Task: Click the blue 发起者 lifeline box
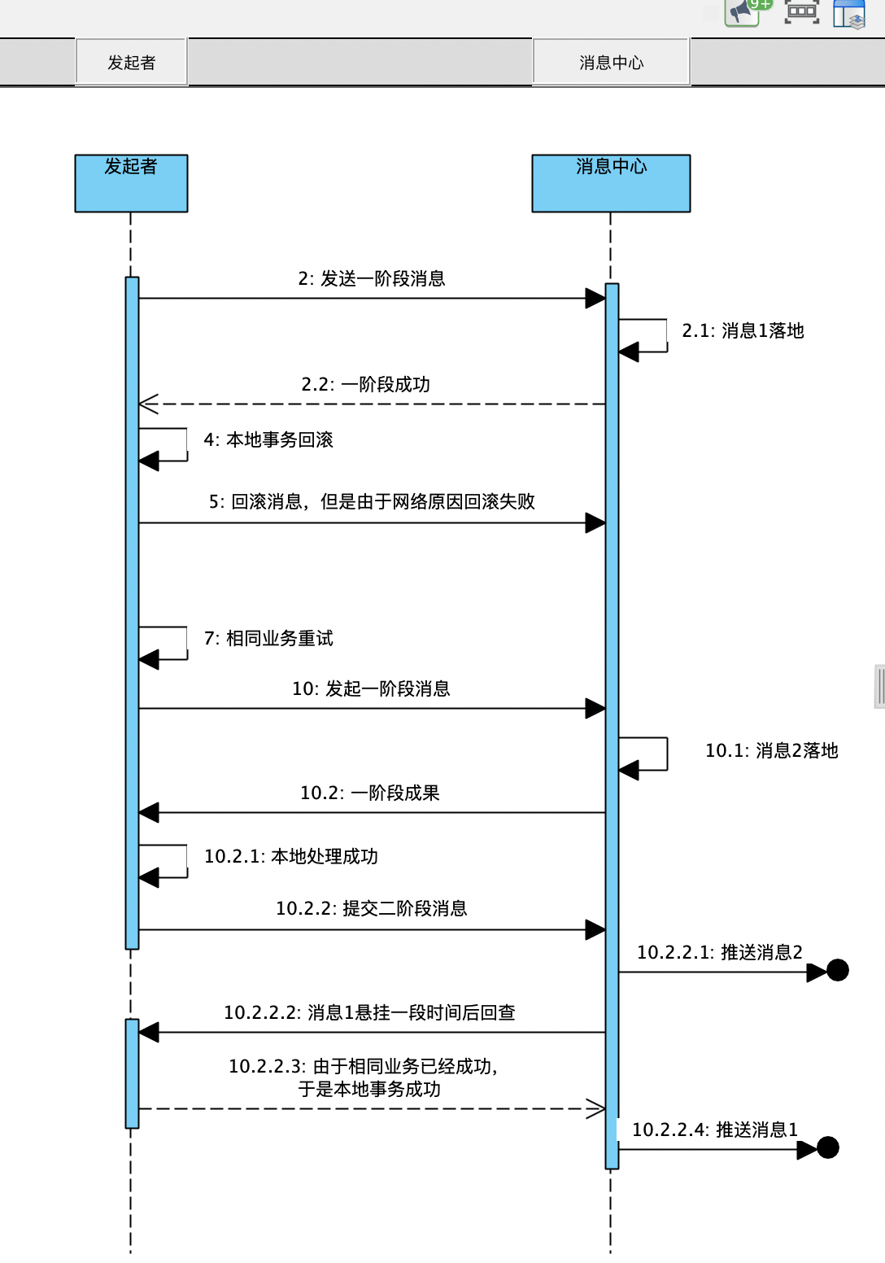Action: [131, 183]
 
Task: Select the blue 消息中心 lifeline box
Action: [611, 183]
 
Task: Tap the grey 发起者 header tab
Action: [131, 62]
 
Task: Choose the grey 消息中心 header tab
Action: [611, 62]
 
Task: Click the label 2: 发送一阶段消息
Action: [372, 278]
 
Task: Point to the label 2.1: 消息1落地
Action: [743, 330]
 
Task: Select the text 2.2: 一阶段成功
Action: [365, 385]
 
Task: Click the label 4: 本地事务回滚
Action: [268, 439]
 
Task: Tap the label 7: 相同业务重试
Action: [268, 638]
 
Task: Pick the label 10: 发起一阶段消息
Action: [371, 688]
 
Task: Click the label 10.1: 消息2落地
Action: [772, 750]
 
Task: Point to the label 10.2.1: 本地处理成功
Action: [291, 856]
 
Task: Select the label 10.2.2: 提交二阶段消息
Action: [372, 908]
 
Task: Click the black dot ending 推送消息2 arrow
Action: [838, 970]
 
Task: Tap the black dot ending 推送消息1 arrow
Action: [827, 1147]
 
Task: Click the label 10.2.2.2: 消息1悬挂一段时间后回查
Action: [370, 1012]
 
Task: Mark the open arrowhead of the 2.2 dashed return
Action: [148, 404]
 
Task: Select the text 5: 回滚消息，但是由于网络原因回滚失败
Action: [372, 501]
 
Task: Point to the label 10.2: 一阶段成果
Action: [370, 793]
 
